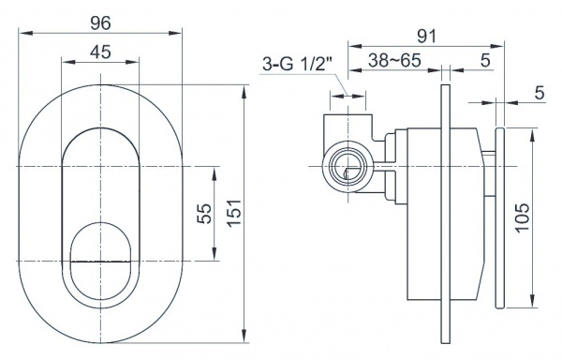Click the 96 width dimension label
point(101,23)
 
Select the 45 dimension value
point(100,52)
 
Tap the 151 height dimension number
point(234,213)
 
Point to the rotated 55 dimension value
point(204,214)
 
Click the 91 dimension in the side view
point(427,37)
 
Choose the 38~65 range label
point(394,60)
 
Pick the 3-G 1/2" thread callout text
point(298,65)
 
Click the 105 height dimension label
point(523,218)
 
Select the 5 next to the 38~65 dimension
point(485,60)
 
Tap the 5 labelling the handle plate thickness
point(540,93)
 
